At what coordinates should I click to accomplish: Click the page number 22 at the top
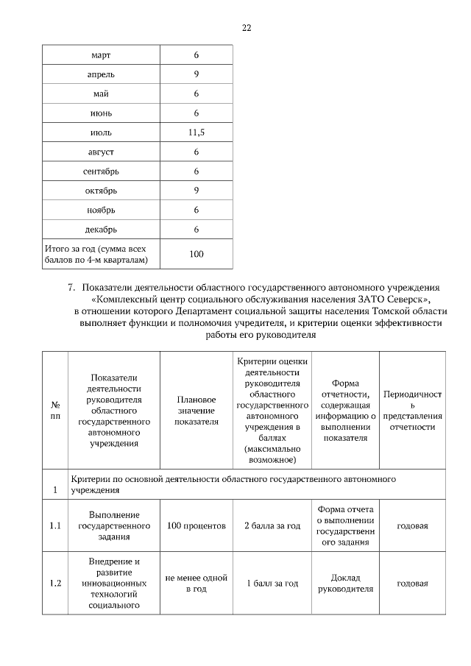pos(247,28)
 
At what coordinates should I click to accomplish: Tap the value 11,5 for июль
pos(196,132)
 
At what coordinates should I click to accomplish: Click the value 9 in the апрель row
pos(196,74)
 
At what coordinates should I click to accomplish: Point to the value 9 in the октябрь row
pos(196,191)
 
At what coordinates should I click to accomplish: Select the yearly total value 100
pos(196,254)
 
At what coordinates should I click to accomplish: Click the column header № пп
pos(54,411)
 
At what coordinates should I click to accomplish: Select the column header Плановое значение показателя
pos(196,411)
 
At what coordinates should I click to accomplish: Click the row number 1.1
pos(54,526)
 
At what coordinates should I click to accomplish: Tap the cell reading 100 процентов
pos(196,526)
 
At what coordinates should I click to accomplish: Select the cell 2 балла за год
pos(272,526)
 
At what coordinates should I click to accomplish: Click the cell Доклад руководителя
pos(345,584)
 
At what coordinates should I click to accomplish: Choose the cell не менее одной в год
pos(196,584)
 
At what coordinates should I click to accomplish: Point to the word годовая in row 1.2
pos(412,584)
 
